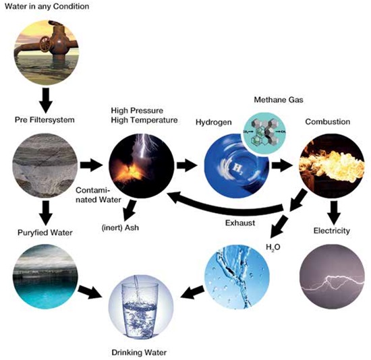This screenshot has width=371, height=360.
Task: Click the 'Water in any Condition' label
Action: pyautogui.click(x=47, y=6)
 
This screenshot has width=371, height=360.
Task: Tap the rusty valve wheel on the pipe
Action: pyautogui.click(x=45, y=44)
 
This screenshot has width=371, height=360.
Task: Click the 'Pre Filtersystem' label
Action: pyautogui.click(x=45, y=120)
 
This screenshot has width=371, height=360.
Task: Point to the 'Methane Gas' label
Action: pyautogui.click(x=279, y=100)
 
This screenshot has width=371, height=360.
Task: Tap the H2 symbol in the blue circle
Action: pyautogui.click(x=237, y=168)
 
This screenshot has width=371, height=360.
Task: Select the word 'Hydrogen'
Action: pyautogui.click(x=213, y=122)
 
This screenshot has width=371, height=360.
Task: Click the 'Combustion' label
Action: pyautogui.click(x=327, y=122)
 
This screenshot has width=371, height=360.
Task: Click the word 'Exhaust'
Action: pyautogui.click(x=240, y=223)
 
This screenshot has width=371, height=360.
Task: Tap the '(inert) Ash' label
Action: pyautogui.click(x=120, y=228)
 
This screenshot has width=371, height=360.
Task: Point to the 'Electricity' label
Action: pyautogui.click(x=331, y=231)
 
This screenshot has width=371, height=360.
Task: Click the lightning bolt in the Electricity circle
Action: pyautogui.click(x=333, y=282)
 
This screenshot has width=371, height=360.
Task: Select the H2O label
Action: pyautogui.click(x=273, y=247)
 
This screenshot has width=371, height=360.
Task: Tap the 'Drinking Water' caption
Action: pyautogui.click(x=139, y=353)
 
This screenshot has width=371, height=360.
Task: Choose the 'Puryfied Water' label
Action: pyautogui.click(x=45, y=233)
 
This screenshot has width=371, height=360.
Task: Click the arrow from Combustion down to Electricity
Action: pyautogui.click(x=334, y=213)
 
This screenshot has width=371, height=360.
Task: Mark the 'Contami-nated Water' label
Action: pyautogui.click(x=98, y=195)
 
